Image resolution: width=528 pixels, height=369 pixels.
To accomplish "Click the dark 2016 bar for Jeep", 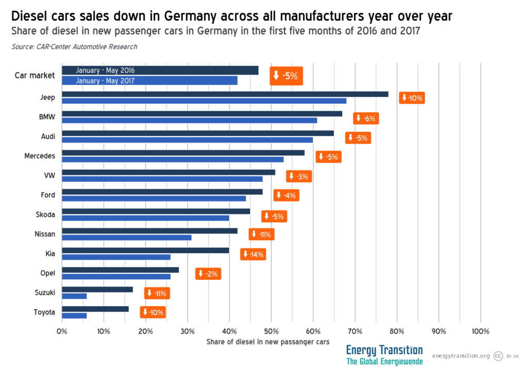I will pyautogui.click(x=225, y=94).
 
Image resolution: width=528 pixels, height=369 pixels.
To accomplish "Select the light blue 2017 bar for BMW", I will pyautogui.click(x=189, y=120).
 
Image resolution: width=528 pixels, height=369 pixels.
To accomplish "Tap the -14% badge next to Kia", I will pyautogui.click(x=253, y=254).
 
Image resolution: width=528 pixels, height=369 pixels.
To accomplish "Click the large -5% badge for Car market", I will pyautogui.click(x=286, y=76).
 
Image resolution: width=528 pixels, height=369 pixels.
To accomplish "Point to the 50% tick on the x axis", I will pyautogui.click(x=271, y=331).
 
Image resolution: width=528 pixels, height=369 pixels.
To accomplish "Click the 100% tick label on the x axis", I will pyautogui.click(x=480, y=331).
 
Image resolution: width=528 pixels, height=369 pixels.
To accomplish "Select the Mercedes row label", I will pyautogui.click(x=40, y=155).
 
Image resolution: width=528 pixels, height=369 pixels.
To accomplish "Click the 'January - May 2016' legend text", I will pyautogui.click(x=105, y=71).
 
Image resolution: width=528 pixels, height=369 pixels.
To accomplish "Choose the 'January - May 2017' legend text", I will pyautogui.click(x=105, y=80).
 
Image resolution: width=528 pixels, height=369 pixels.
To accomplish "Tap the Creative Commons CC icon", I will pyautogui.click(x=498, y=356).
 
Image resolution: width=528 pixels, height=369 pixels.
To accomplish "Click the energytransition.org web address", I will pyautogui.click(x=460, y=356).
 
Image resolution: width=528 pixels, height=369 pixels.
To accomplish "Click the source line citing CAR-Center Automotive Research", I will pyautogui.click(x=74, y=47).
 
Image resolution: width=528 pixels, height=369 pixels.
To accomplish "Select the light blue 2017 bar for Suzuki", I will pyautogui.click(x=74, y=296).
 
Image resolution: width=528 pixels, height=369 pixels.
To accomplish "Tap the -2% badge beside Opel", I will pyautogui.click(x=208, y=274).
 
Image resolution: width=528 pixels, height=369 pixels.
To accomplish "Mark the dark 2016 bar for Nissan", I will pyautogui.click(x=150, y=231).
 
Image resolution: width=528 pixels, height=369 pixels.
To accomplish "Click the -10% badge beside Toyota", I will pyautogui.click(x=153, y=312).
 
